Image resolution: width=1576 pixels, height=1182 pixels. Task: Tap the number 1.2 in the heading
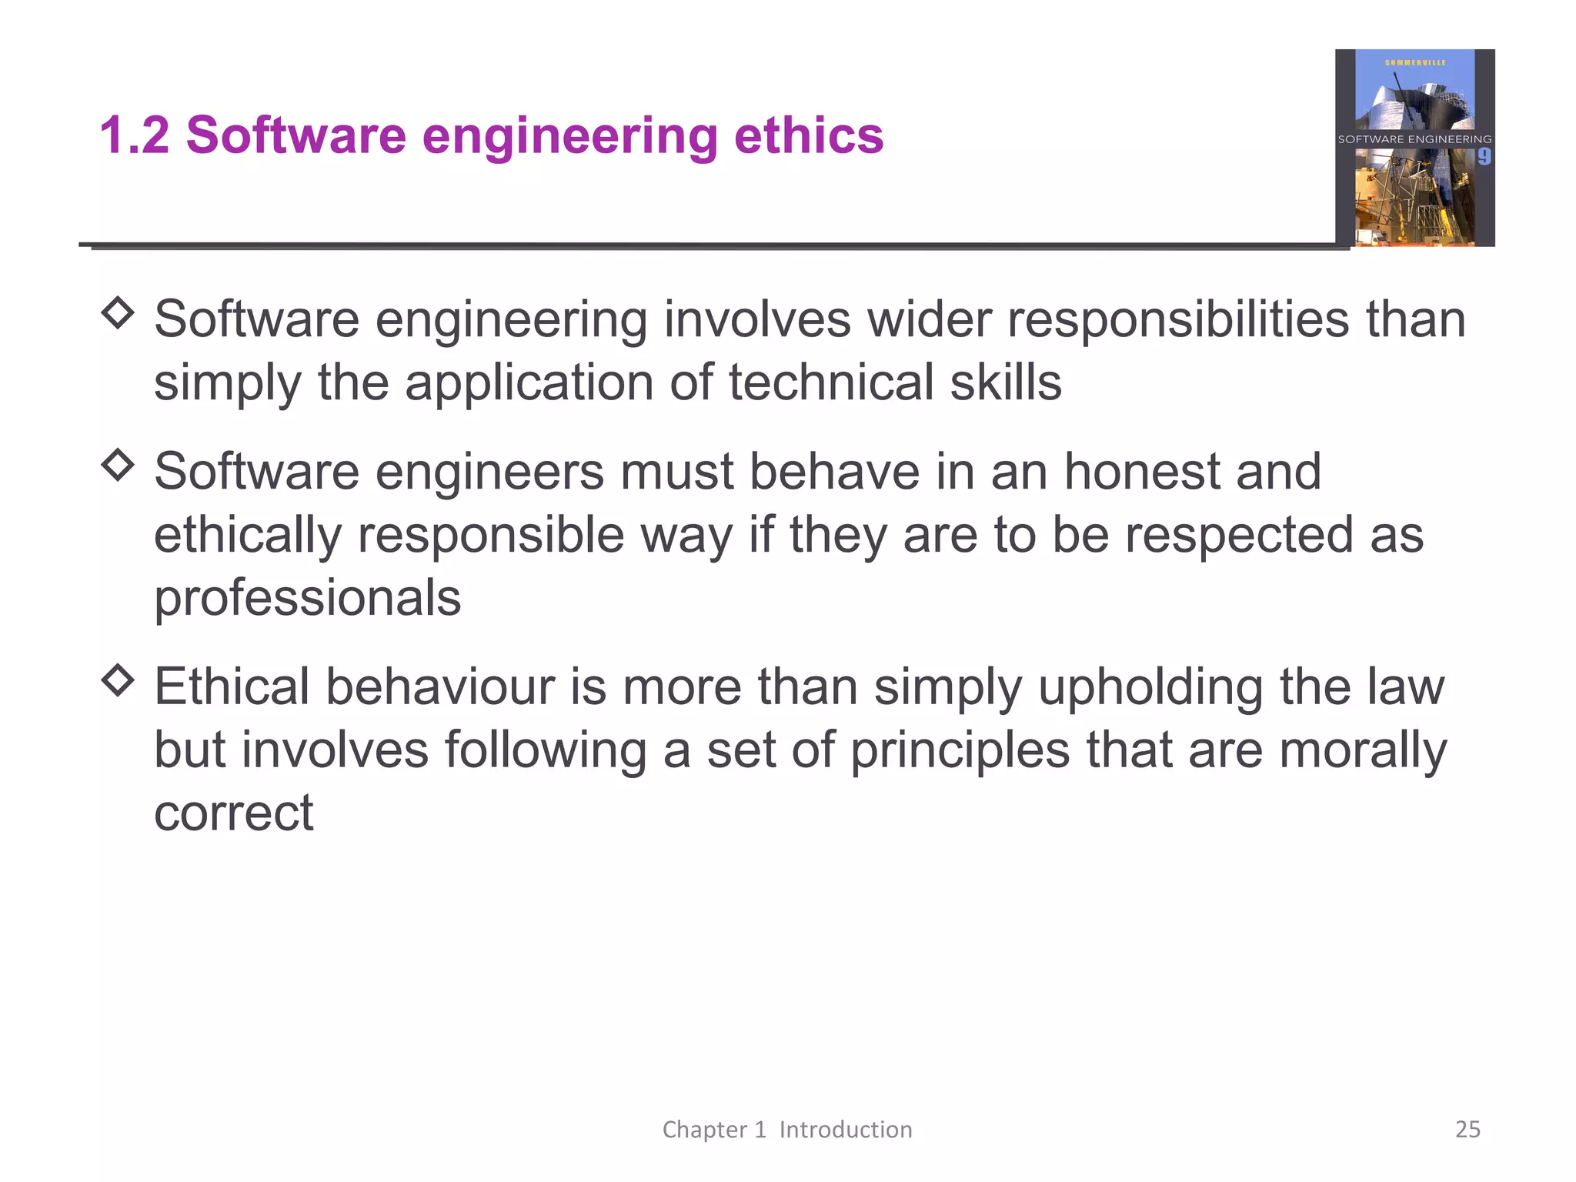pos(134,135)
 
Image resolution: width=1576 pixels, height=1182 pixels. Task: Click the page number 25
pos(1467,1129)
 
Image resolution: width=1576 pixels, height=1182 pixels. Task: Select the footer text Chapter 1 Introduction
pos(787,1129)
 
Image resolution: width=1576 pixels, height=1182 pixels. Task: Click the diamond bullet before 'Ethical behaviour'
pos(118,680)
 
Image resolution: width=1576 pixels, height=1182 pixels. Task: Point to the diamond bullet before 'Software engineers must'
pos(118,465)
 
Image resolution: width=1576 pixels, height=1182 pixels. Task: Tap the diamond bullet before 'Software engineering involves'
pos(118,312)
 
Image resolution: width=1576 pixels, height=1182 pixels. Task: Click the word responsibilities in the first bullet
pos(1177,319)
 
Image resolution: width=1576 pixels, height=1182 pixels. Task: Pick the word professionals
pos(307,597)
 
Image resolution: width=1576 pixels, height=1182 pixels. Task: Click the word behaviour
pos(439,686)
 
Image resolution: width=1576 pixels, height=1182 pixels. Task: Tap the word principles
pos(960,750)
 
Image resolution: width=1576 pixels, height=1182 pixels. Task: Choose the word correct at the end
pos(233,813)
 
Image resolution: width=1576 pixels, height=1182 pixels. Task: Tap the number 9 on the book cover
pos(1484,157)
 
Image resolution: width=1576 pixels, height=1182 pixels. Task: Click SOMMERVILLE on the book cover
pos(1415,62)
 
